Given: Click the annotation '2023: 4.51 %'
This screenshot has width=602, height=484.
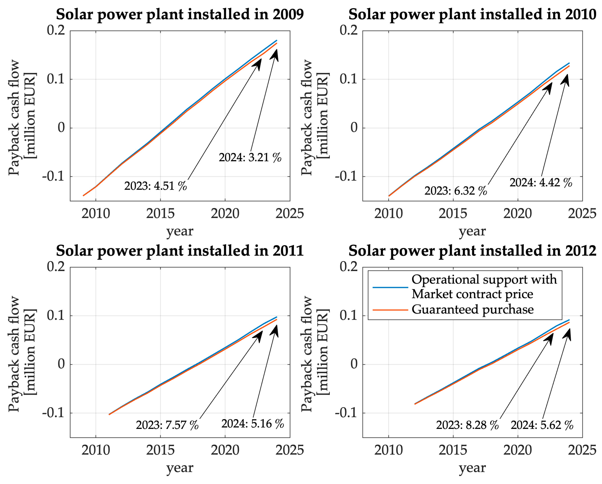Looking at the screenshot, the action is [156, 186].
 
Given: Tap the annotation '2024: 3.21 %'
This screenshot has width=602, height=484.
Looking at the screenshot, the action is [250, 158].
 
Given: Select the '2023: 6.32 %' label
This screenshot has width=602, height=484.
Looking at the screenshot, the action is [456, 191].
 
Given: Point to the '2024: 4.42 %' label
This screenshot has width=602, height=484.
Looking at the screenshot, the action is [541, 183].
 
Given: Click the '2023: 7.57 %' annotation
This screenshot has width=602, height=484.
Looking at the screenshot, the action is [167, 425].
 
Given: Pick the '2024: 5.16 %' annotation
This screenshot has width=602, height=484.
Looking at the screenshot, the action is [253, 424].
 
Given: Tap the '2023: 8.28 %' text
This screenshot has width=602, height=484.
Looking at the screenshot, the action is [467, 425].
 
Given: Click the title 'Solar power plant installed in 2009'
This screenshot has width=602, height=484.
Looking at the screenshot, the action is [180, 14].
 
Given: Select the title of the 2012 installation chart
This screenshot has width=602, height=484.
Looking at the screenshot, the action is [472, 251].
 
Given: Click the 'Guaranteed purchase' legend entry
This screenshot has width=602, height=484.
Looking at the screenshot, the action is [473, 310].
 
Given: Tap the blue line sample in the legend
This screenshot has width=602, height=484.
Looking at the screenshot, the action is [390, 287].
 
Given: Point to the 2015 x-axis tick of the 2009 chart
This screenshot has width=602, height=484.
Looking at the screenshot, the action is [160, 214].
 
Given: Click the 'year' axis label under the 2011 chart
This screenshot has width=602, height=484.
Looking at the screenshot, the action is [180, 468].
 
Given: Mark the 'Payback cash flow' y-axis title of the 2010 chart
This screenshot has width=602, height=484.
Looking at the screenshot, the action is [307, 117].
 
